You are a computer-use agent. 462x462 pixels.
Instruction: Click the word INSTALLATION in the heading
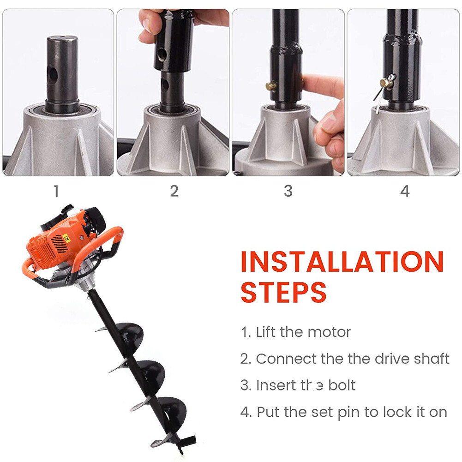click(342, 262)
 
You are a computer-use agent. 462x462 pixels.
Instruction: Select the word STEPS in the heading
click(284, 292)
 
